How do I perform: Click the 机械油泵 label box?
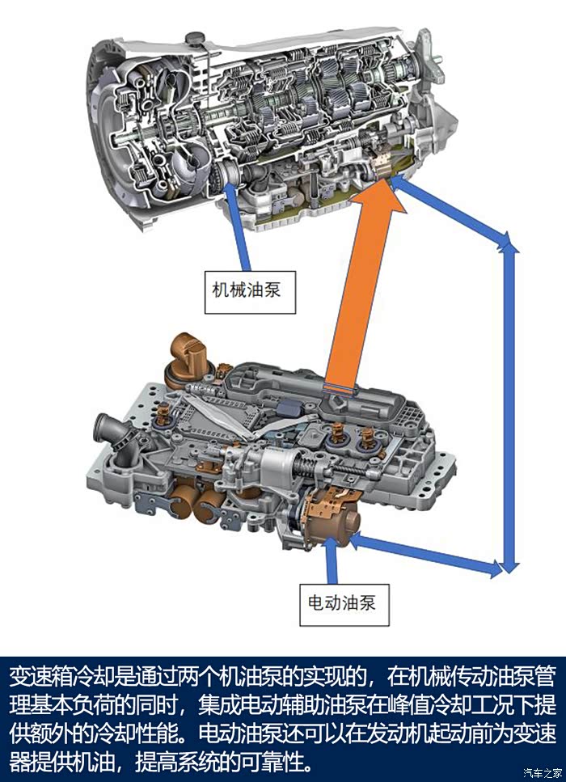coord(250,292)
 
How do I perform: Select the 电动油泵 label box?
coord(344,604)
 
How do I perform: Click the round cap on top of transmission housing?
coord(194,39)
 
